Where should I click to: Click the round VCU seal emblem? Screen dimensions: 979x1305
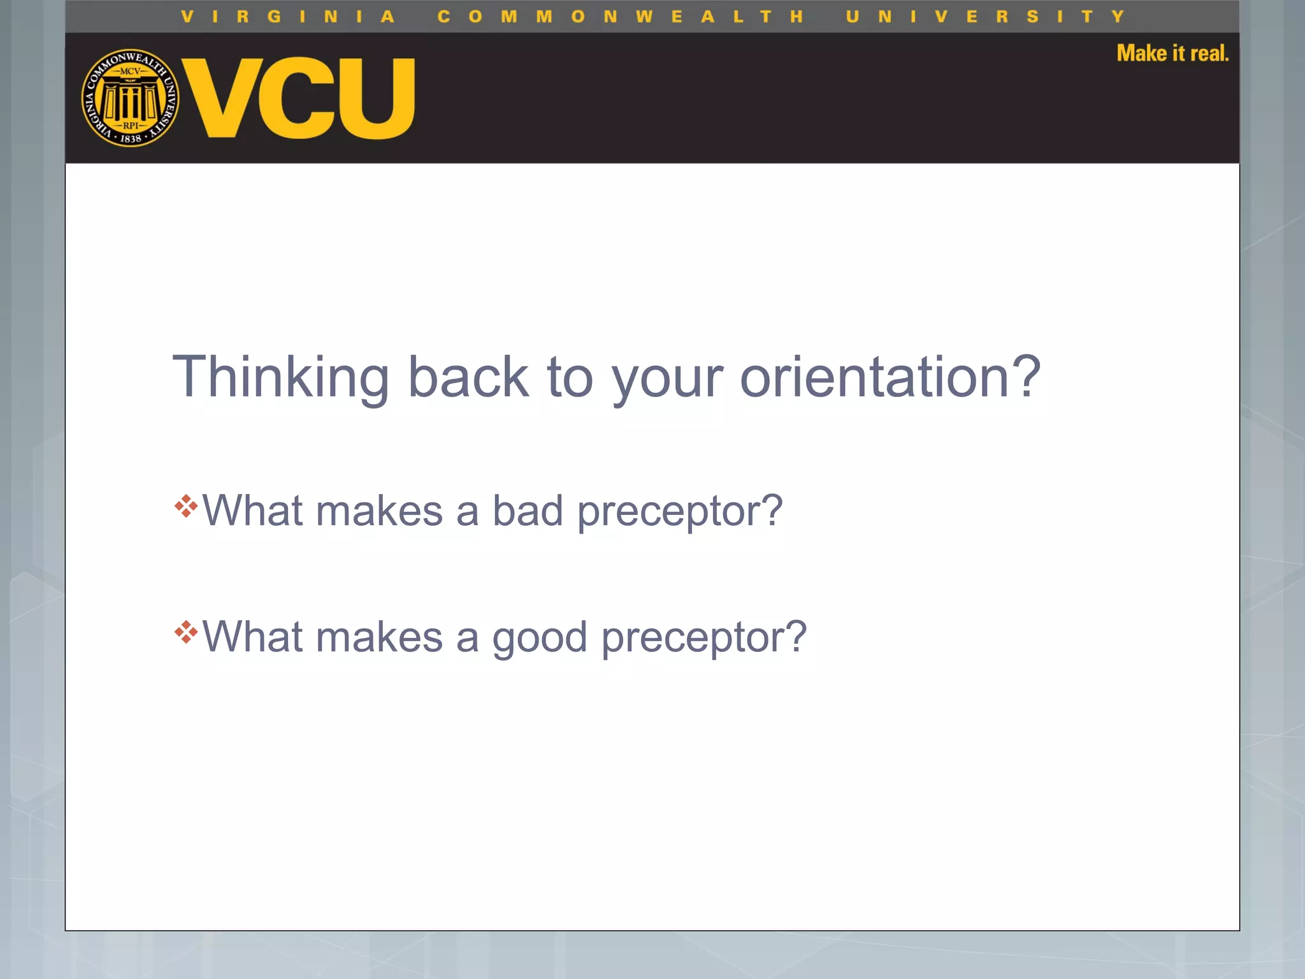pyautogui.click(x=131, y=98)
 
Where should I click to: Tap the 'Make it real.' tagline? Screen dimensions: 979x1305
pyautogui.click(x=1172, y=54)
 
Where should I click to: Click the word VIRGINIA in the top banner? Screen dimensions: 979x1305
pyautogui.click(x=288, y=17)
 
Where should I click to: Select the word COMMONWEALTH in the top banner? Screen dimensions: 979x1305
pyautogui.click(x=620, y=17)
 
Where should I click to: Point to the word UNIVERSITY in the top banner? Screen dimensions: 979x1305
pyautogui.click(x=984, y=17)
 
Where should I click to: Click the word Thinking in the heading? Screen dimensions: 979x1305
pyautogui.click(x=280, y=377)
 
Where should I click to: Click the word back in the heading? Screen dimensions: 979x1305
pyautogui.click(x=468, y=377)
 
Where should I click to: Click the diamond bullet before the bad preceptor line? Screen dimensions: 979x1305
pyautogui.click(x=186, y=506)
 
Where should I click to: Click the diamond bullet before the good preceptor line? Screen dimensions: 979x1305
pyautogui.click(x=186, y=632)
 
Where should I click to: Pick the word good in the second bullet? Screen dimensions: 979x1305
pyautogui.click(x=539, y=637)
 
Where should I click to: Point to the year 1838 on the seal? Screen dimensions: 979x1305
pyautogui.click(x=131, y=138)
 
